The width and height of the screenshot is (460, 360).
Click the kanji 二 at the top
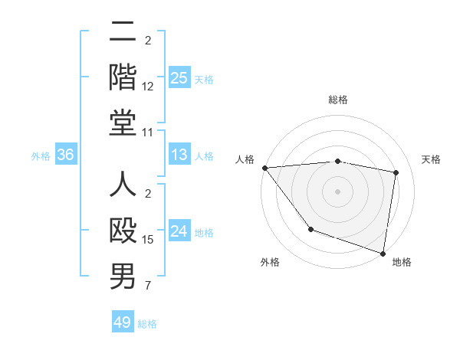click(123, 32)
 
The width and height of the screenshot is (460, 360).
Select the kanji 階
click(123, 76)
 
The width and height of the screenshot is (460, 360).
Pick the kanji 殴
click(123, 231)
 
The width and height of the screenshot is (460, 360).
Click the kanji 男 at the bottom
click(123, 277)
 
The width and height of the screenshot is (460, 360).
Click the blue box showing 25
click(179, 77)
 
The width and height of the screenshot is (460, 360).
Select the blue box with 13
click(179, 155)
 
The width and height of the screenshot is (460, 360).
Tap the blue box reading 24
click(179, 232)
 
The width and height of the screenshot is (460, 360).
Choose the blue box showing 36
click(66, 155)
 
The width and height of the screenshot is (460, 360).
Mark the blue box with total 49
click(123, 322)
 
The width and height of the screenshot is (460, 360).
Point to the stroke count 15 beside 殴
click(148, 240)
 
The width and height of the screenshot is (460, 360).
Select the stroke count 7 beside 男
click(147, 287)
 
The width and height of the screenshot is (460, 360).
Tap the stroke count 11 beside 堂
click(148, 133)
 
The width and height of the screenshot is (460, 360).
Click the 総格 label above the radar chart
click(337, 100)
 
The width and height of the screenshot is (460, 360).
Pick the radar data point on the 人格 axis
click(264, 168)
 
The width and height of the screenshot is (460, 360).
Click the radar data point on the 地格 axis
click(383, 253)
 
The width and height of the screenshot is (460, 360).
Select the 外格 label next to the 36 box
click(41, 156)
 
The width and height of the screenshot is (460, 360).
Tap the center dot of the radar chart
click(337, 191)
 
